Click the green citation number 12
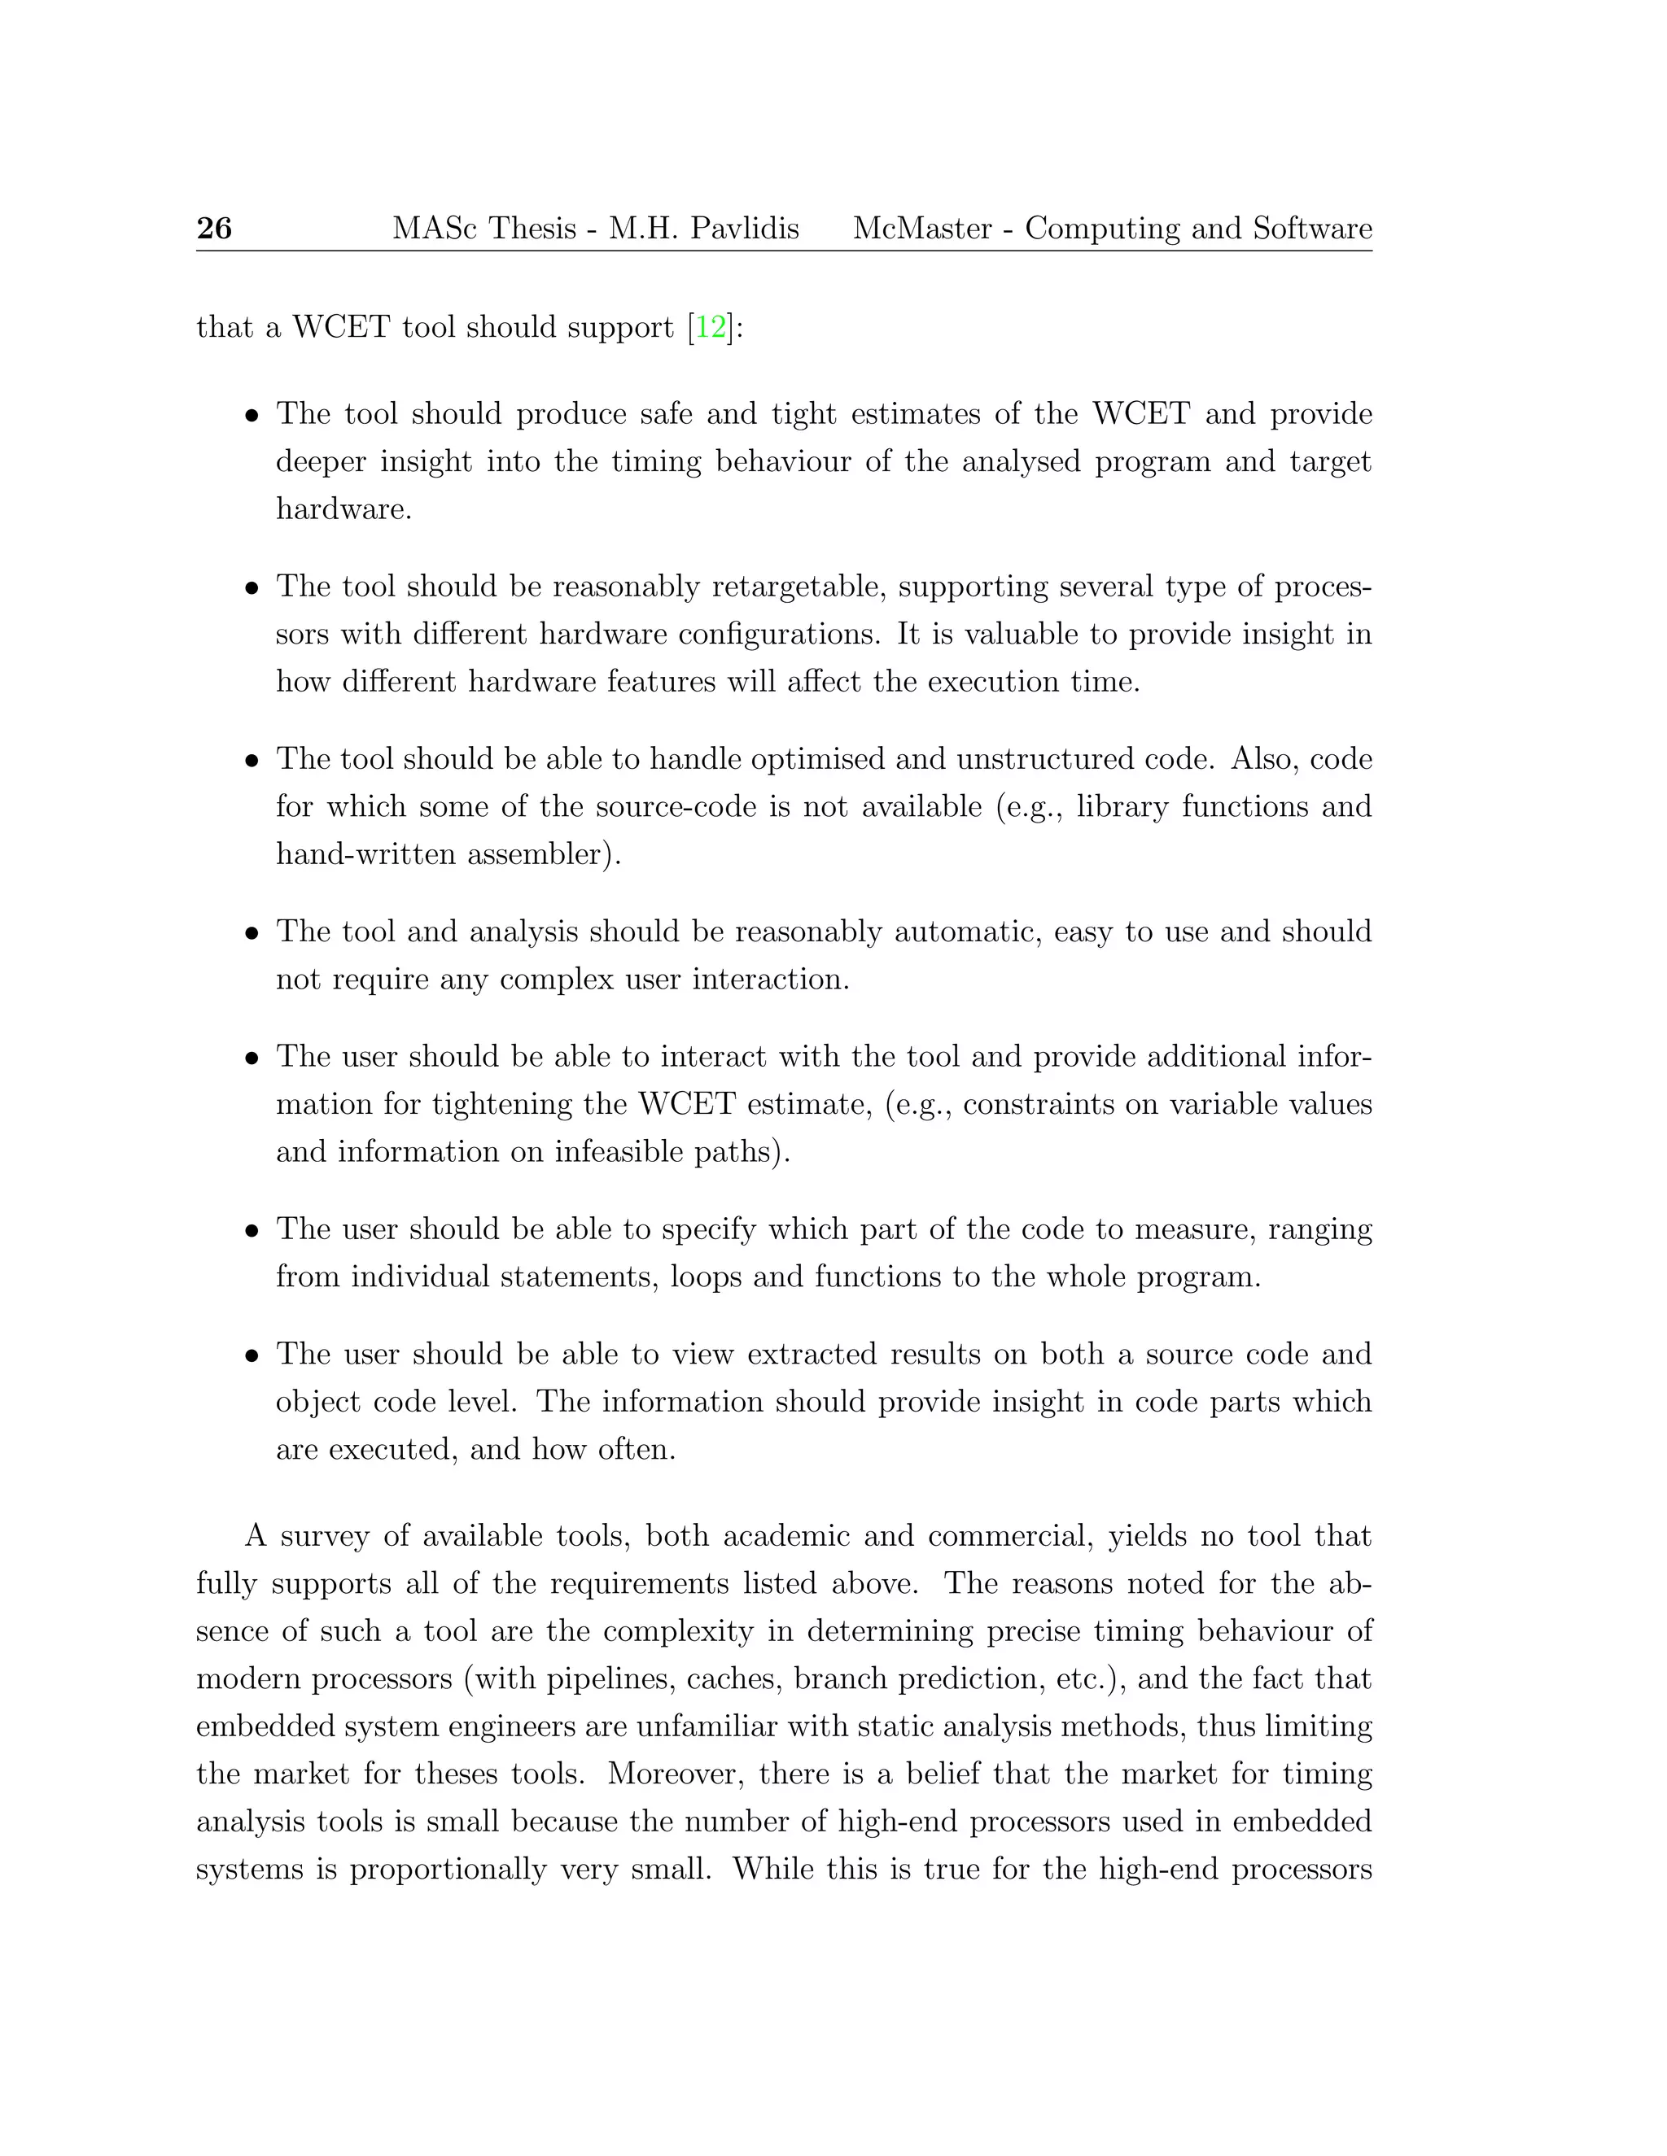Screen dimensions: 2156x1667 710,327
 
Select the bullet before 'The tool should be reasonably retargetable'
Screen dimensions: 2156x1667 253,588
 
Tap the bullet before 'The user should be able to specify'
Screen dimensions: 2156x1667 253,1231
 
